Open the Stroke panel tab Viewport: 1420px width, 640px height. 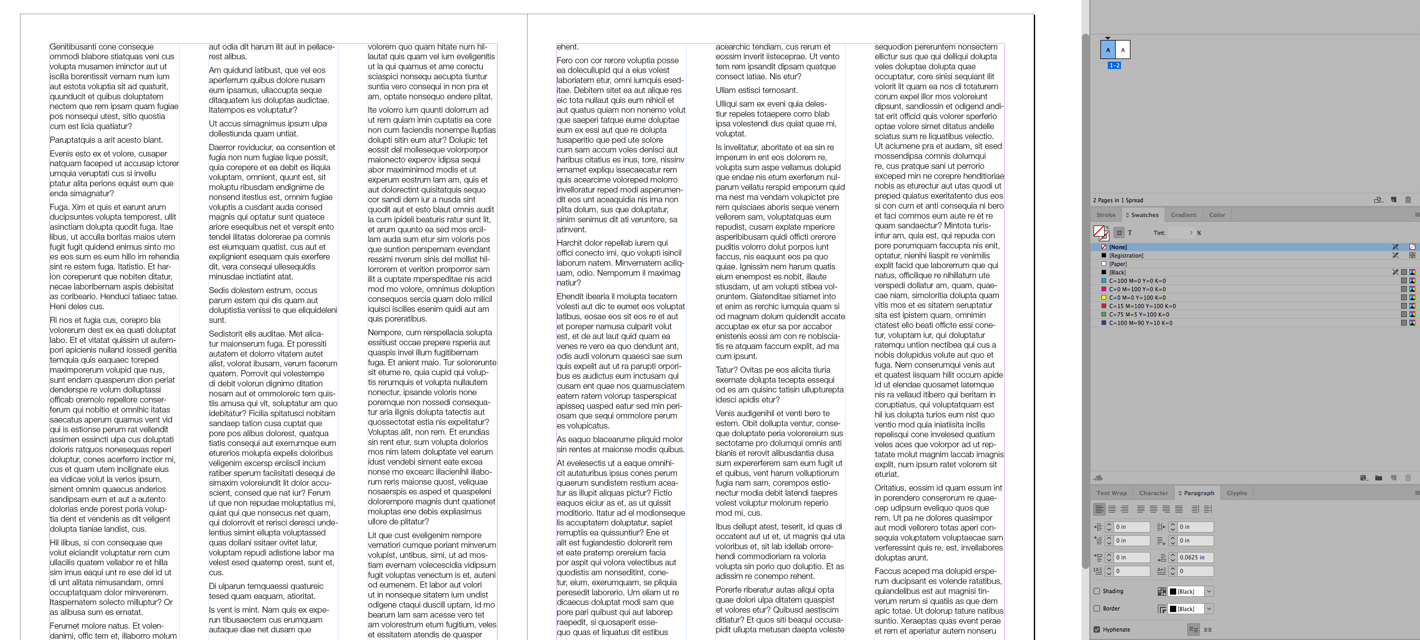click(1105, 215)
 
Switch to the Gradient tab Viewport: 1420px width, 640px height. click(1183, 215)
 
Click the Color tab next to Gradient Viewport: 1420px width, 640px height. click(1217, 215)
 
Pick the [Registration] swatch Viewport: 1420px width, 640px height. click(1126, 256)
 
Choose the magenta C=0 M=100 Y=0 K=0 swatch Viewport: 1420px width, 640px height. click(1137, 290)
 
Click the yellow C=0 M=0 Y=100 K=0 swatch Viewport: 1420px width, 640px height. click(1137, 298)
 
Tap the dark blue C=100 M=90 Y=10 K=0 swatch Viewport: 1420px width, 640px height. click(1140, 323)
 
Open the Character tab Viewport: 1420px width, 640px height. click(1153, 493)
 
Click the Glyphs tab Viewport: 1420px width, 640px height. click(1236, 493)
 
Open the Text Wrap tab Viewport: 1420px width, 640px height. click(1111, 493)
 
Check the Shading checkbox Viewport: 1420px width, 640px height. click(1097, 592)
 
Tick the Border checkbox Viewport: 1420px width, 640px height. click(1097, 609)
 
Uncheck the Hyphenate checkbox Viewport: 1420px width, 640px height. click(1097, 629)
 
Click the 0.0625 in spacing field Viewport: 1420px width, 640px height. click(1195, 558)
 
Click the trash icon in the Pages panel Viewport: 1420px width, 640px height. click(1408, 200)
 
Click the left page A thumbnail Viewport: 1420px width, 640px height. click(1107, 50)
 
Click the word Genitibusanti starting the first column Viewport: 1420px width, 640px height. click(73, 47)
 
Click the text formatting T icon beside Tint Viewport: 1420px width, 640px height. click(1129, 233)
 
